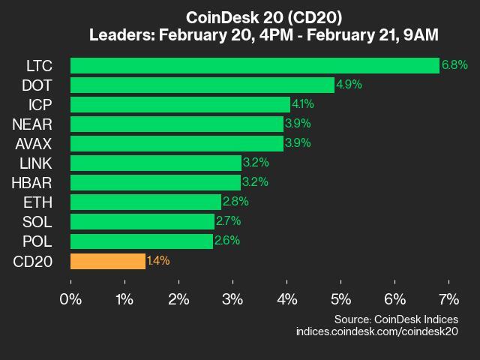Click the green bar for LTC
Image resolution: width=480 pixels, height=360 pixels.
(255, 65)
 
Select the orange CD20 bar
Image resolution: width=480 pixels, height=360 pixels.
(108, 260)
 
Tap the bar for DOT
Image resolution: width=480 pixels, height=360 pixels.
(202, 85)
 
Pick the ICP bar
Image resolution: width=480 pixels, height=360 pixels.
(181, 104)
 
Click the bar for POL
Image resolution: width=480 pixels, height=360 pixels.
(142, 241)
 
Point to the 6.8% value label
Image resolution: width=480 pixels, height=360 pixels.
(454, 65)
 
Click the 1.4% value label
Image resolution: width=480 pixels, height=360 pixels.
(158, 261)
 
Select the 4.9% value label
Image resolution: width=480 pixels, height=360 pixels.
(349, 85)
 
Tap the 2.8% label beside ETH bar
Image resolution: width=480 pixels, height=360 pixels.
(235, 202)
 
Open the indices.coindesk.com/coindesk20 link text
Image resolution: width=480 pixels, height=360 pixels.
(376, 331)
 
